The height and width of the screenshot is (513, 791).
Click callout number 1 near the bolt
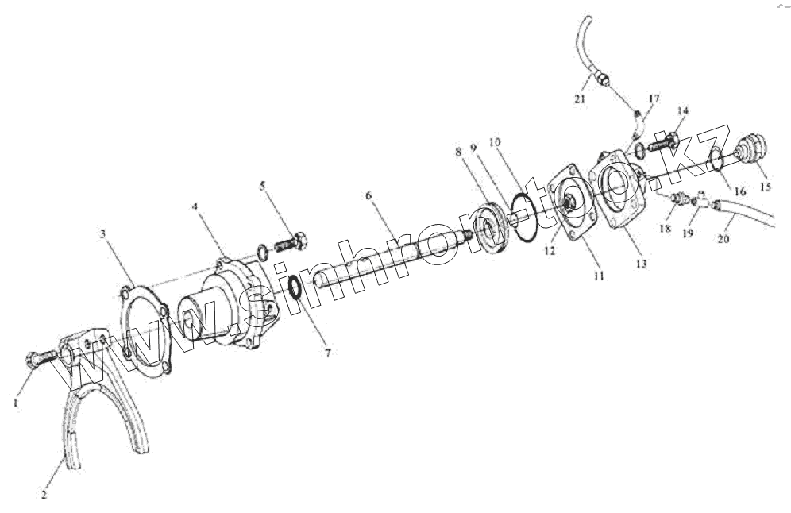click(x=15, y=403)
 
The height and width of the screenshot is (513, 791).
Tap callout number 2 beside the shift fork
click(x=44, y=493)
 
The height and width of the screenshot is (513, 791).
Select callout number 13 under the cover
click(x=640, y=262)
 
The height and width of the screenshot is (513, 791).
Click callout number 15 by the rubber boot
click(x=766, y=187)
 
